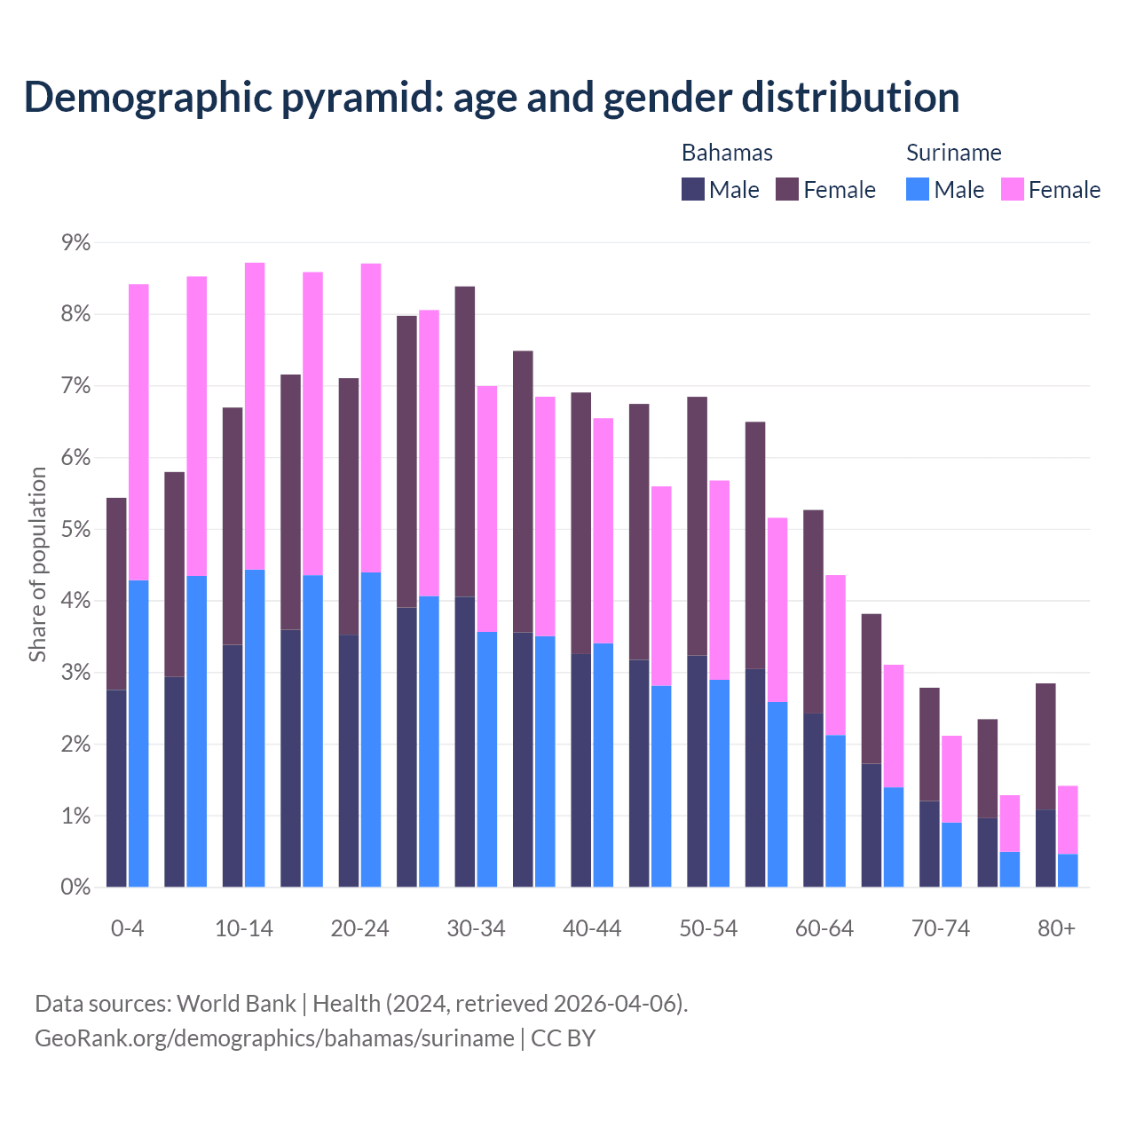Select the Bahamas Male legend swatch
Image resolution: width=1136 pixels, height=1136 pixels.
693,189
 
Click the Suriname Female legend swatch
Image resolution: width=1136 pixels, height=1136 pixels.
1013,189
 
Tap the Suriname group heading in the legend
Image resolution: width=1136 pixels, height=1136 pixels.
953,153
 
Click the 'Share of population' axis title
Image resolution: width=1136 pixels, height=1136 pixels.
37,564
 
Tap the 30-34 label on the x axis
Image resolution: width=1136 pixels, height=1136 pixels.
476,928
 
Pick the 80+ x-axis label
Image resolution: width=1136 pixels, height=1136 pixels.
1056,928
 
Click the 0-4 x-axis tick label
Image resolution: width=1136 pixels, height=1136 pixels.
127,928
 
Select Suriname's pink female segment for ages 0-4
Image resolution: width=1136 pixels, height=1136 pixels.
138,432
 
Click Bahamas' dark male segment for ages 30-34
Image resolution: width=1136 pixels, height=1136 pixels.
465,742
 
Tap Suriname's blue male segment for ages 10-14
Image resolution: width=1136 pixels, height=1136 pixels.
255,728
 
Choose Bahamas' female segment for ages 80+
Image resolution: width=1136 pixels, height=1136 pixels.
1045,746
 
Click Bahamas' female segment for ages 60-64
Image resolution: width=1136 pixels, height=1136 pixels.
813,611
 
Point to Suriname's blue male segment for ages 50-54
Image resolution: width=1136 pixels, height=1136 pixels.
720,783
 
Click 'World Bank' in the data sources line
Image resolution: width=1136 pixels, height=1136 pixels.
236,1004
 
